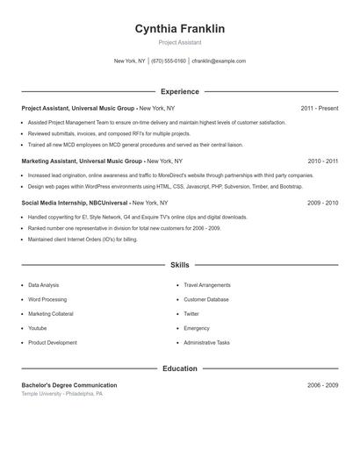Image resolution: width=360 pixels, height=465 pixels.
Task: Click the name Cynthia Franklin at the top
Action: pyautogui.click(x=179, y=29)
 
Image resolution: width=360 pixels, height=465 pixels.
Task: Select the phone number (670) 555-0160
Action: pyautogui.click(x=169, y=61)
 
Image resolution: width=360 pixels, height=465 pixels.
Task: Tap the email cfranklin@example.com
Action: pyautogui.click(x=219, y=61)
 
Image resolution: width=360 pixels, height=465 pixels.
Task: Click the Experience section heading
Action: pyautogui.click(x=179, y=91)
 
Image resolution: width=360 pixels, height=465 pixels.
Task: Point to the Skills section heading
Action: pyautogui.click(x=179, y=264)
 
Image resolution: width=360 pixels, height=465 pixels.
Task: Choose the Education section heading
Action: pyautogui.click(x=179, y=368)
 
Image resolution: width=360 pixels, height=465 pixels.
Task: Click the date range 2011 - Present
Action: pyautogui.click(x=319, y=108)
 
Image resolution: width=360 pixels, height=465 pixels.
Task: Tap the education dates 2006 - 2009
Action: pyautogui.click(x=322, y=385)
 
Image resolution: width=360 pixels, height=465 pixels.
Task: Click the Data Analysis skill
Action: pyautogui.click(x=44, y=285)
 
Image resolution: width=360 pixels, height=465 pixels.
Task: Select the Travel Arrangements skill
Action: pyautogui.click(x=207, y=285)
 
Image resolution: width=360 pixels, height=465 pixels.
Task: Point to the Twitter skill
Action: pyautogui.click(x=191, y=314)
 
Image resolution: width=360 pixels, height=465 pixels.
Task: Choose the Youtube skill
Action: pyautogui.click(x=39, y=328)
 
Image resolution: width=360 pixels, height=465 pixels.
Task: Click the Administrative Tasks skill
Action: pyautogui.click(x=206, y=342)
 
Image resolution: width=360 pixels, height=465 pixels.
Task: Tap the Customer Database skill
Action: pyautogui.click(x=206, y=299)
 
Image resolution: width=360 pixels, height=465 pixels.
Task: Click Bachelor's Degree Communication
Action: pyautogui.click(x=69, y=385)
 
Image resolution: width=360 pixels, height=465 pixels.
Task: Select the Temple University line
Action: pyautogui.click(x=62, y=394)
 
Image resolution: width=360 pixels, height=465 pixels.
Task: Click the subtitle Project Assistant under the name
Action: pyautogui.click(x=179, y=42)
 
